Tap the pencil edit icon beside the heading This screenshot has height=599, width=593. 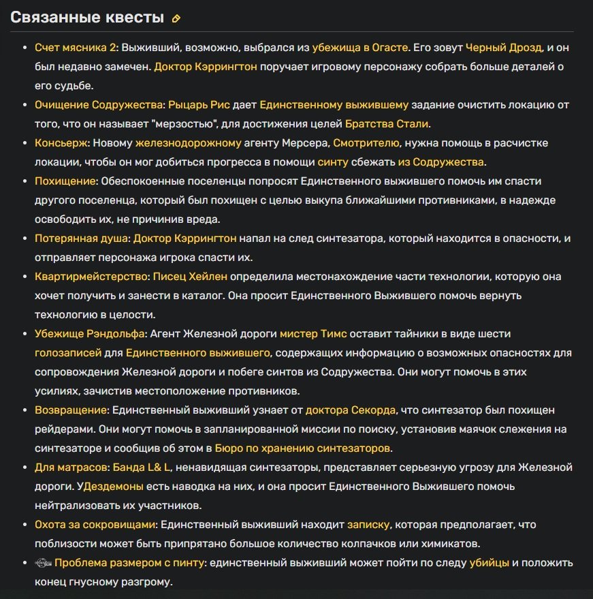(176, 18)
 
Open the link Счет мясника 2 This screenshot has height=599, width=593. (76, 48)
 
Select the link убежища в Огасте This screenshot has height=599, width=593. (360, 48)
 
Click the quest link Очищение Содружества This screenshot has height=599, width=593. (99, 105)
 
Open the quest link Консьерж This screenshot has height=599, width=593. (61, 143)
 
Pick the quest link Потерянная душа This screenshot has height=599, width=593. (81, 239)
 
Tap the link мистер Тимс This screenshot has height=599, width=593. (313, 334)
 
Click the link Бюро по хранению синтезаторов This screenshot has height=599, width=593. (303, 448)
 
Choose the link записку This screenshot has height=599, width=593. (368, 525)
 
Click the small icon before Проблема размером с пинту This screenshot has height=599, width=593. (42, 563)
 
